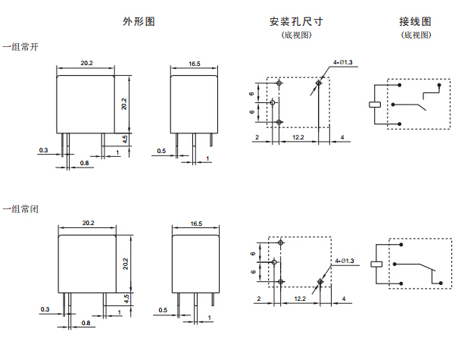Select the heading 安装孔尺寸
coord(296,21)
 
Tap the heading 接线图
coord(415,21)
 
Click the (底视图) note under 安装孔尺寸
coord(296,35)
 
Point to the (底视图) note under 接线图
coord(416,35)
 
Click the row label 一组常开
coord(19,47)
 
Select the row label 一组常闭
coord(19,207)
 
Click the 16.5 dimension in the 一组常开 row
coord(195,64)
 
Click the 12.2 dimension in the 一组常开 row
coord(298,136)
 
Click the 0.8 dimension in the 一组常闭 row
coord(85,324)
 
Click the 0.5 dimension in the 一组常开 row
coord(161,151)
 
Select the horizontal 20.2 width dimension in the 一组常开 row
coord(86,64)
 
